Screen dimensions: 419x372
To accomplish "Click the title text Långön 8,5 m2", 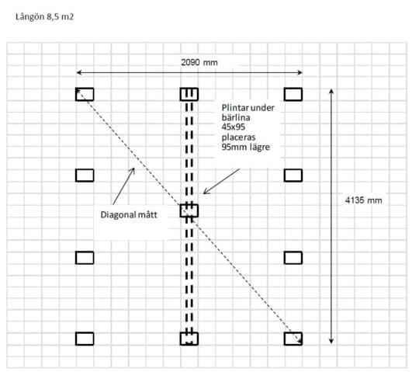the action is pyautogui.click(x=44, y=17).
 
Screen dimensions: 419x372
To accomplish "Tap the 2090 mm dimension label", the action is pyautogui.click(x=199, y=63).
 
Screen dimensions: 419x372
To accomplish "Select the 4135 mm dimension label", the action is pyautogui.click(x=363, y=200).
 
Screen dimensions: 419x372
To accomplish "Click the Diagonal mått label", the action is pyautogui.click(x=129, y=215).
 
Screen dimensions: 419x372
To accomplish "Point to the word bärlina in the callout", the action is pyautogui.click(x=236, y=117).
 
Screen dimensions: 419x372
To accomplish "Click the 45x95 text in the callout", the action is pyautogui.click(x=234, y=127).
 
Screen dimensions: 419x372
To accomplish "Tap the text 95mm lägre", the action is pyautogui.click(x=245, y=147).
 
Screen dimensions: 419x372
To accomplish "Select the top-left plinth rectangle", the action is pyautogui.click(x=85, y=94).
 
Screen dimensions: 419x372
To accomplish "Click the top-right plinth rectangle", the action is pyautogui.click(x=293, y=94).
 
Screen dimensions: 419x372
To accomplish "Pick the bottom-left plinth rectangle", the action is pyautogui.click(x=85, y=339).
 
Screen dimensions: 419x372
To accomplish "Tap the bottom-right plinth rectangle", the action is pyautogui.click(x=293, y=339).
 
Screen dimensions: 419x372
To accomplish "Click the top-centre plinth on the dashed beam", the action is pyautogui.click(x=189, y=94).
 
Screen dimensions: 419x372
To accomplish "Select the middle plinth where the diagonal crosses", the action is pyautogui.click(x=189, y=210).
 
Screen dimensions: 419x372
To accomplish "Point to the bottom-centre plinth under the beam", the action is pyautogui.click(x=189, y=339).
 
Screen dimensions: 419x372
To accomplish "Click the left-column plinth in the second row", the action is pyautogui.click(x=85, y=176).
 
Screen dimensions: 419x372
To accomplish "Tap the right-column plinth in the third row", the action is pyautogui.click(x=293, y=258).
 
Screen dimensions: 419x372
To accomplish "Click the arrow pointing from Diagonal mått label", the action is pyautogui.click(x=123, y=186).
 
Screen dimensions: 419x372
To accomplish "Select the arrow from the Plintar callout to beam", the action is pyautogui.click(x=221, y=181).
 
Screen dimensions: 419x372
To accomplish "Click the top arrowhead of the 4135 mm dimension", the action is pyautogui.click(x=331, y=91).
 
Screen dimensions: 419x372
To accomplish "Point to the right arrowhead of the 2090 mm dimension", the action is pyautogui.click(x=300, y=72).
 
